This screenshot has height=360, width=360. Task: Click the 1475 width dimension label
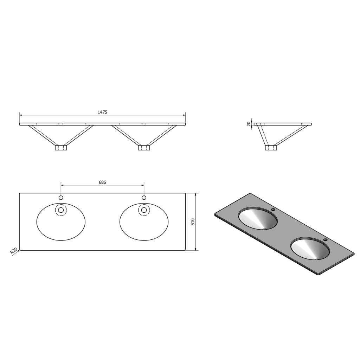[x=102, y=112]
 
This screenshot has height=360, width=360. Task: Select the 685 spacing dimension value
[x=102, y=182]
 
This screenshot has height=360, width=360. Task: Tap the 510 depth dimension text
[x=193, y=222]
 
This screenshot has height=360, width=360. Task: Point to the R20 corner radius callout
[x=14, y=251]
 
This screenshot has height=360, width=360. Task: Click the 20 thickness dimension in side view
[x=249, y=124]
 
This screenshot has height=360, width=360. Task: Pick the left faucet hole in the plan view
[x=61, y=198]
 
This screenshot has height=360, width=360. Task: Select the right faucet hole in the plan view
[x=144, y=198]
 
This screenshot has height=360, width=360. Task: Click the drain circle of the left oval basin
[x=61, y=210]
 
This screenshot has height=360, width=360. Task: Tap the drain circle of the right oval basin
[x=144, y=210]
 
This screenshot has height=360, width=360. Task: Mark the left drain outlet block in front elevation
[x=61, y=148]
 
